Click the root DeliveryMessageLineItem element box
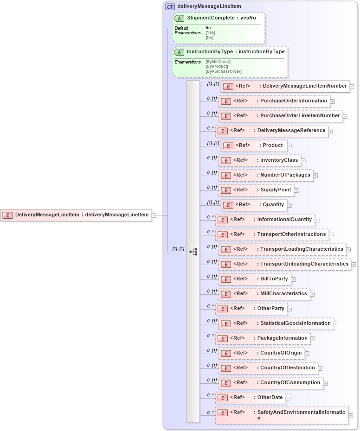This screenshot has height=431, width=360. point(76,215)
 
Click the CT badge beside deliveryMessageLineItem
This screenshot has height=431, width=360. point(170,6)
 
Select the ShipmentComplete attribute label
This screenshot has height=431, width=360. point(221,18)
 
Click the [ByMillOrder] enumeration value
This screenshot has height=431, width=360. point(218,62)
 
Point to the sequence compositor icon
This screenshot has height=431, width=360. point(193,252)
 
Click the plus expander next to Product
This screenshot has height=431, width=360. point(289,146)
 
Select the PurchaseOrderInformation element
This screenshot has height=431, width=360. point(293,101)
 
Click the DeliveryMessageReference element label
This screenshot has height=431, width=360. point(291,131)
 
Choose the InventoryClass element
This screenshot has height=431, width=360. point(279,160)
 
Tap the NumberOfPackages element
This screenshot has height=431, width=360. point(285,175)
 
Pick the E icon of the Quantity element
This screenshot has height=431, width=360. point(228,205)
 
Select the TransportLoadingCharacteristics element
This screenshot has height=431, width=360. point(302,249)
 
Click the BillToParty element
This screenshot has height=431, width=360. point(274,279)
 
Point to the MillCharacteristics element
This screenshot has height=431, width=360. point(283,294)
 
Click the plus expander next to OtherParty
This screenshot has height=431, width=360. point(289,309)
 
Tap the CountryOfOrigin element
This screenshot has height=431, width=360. point(281,353)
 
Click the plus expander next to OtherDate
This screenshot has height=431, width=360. point(288,398)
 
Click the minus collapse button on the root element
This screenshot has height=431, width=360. point(154,215)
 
